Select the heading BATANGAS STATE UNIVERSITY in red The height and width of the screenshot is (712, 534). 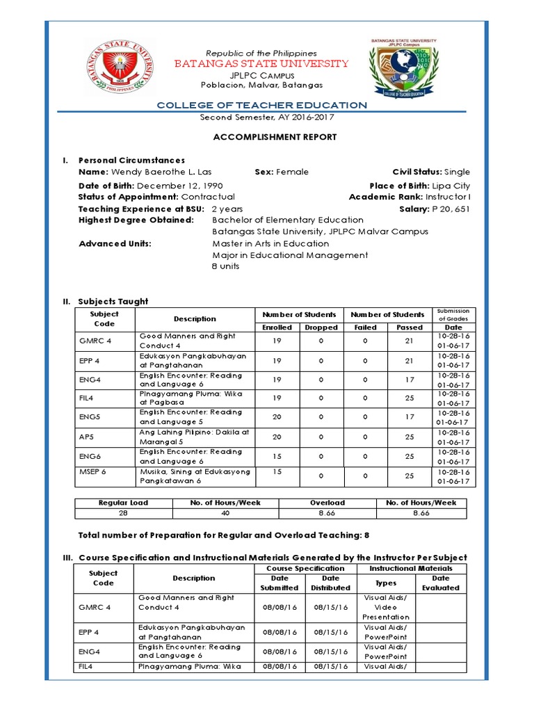tap(261, 64)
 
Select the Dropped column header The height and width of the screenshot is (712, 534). tap(321, 327)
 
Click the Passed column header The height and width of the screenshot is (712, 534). tap(410, 327)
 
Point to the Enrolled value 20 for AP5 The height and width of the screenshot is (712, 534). tap(277, 437)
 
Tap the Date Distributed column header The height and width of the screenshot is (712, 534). tap(331, 583)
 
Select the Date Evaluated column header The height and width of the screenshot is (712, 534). tap(441, 583)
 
